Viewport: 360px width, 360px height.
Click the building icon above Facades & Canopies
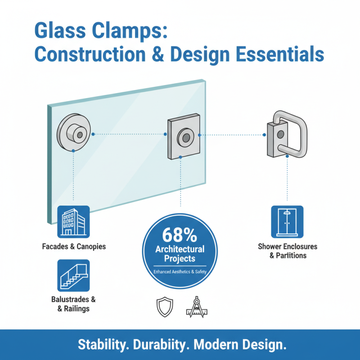pos(73,221)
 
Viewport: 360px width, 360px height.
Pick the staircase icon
pos(73,275)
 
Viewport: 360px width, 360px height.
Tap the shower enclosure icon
pos(287,221)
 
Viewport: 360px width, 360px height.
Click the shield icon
pos(164,308)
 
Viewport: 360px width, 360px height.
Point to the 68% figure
pos(180,235)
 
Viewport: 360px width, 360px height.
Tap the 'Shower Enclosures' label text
pos(287,247)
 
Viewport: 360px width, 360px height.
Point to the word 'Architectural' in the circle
pos(180,249)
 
